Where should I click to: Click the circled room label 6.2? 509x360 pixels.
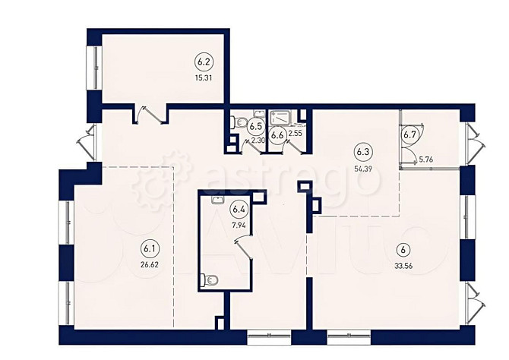[203, 62]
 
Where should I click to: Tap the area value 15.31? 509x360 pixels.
[204, 78]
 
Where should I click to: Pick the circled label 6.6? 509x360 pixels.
[278, 135]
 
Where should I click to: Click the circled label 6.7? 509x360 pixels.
[410, 134]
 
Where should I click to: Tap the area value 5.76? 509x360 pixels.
[426, 159]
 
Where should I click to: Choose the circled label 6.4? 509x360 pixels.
[239, 210]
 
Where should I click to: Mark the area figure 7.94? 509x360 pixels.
[238, 225]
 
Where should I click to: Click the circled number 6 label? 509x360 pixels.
[404, 250]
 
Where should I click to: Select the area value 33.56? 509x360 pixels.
[403, 266]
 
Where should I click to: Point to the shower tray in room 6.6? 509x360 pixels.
[280, 117]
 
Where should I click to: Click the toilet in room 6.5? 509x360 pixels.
[239, 122]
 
